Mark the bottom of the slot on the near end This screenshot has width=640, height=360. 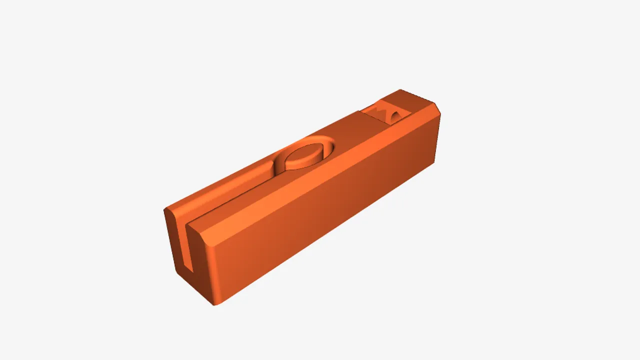tap(188, 270)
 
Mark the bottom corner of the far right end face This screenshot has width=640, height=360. tap(434, 163)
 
